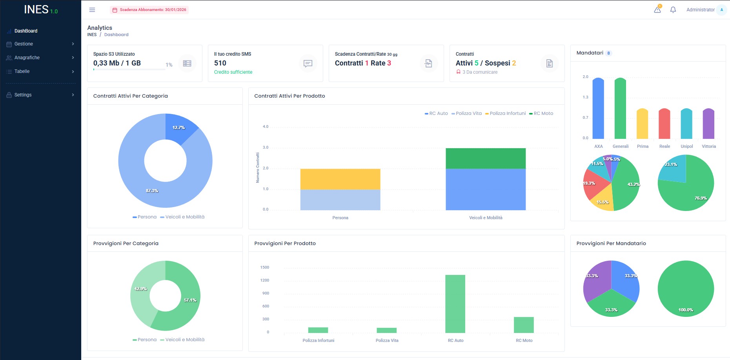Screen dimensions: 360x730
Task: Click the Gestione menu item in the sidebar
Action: [x=24, y=44]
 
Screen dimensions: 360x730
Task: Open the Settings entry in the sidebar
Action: [x=23, y=95]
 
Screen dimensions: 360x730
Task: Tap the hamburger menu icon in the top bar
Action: [x=92, y=10]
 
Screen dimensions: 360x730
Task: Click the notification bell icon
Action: [x=673, y=10]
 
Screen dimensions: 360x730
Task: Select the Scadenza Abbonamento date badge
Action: [x=149, y=10]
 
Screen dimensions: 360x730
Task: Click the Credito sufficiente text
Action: [x=233, y=72]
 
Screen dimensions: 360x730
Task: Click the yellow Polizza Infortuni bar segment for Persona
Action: [x=340, y=179]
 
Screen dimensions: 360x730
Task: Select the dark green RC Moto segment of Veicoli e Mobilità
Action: [x=486, y=158]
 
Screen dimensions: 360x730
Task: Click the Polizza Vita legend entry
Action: [x=467, y=113]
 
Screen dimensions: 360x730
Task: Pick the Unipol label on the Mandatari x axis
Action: [x=686, y=146]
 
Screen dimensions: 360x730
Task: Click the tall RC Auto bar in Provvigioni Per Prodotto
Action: [x=455, y=304]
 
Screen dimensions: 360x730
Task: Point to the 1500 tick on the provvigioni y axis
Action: [x=265, y=267]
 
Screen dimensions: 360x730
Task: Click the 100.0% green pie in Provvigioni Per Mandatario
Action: [x=686, y=289]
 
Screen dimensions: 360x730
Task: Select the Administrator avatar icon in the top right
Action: [x=721, y=10]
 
